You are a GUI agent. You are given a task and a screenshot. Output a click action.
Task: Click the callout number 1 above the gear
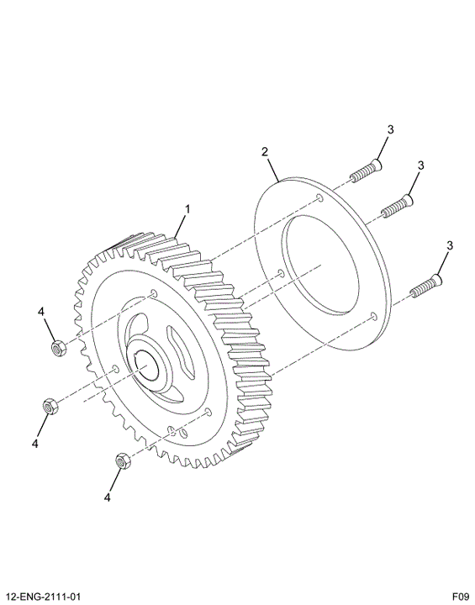[x=187, y=209]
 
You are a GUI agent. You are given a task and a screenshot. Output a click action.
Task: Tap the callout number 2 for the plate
[x=265, y=151]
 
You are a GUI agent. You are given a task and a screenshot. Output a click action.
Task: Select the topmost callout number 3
[x=391, y=129]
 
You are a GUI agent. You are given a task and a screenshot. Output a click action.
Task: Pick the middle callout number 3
[x=420, y=166]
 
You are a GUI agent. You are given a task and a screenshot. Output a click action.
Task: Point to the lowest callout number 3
[x=450, y=245]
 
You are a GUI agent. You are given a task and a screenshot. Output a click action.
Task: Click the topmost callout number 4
[x=41, y=312]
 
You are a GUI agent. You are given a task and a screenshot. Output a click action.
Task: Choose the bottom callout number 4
[x=108, y=497]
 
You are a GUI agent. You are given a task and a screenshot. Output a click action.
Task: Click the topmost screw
[x=367, y=171]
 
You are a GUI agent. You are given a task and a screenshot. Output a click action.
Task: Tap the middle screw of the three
[x=397, y=206]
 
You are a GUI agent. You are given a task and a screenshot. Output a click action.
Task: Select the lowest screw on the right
[x=426, y=286]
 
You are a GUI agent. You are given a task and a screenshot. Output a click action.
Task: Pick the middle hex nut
[x=50, y=406]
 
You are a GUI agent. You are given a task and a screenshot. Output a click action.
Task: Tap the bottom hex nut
[x=124, y=460]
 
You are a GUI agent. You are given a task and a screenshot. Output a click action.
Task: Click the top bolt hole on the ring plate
[x=319, y=198]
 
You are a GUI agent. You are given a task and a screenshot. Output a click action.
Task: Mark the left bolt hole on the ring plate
[x=281, y=274]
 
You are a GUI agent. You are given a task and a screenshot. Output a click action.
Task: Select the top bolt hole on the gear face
[x=154, y=293]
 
